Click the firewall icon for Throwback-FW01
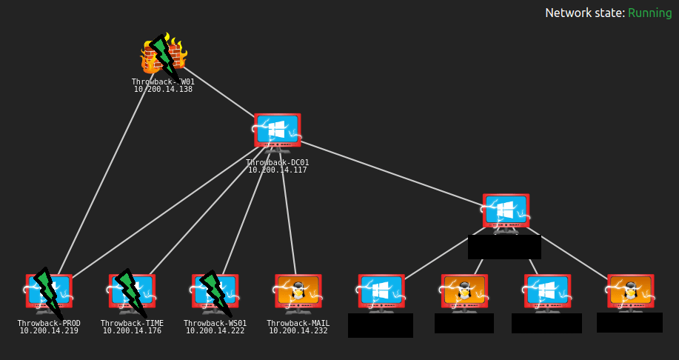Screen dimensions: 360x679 [x=163, y=55]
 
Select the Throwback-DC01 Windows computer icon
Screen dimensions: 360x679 [x=277, y=132]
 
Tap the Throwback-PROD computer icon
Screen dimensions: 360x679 [x=49, y=293]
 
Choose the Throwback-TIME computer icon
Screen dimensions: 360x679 [x=132, y=293]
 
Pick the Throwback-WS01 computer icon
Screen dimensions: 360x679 [x=215, y=293]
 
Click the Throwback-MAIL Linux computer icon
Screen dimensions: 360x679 [x=298, y=293]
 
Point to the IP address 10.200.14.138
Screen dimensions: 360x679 [x=163, y=90]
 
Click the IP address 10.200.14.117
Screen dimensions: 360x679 [x=277, y=170]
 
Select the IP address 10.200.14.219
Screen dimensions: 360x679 [x=49, y=331]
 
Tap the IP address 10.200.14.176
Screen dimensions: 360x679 [x=132, y=331]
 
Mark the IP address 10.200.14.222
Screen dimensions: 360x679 [x=215, y=331]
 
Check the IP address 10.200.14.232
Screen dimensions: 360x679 [x=298, y=331]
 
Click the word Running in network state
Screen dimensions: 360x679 [x=649, y=13]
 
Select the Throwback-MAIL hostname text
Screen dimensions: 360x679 [x=298, y=324]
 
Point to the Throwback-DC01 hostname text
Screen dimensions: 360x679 [x=277, y=163]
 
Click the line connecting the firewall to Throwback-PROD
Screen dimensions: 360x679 [x=104, y=178]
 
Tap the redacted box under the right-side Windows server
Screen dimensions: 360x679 [x=504, y=247]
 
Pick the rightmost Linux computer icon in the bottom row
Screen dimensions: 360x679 [x=629, y=293]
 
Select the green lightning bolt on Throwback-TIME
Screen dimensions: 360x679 [x=129, y=289]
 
